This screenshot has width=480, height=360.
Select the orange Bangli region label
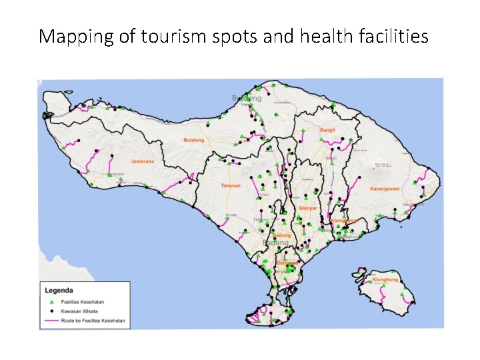[328, 130]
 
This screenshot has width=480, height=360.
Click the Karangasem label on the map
[385, 189]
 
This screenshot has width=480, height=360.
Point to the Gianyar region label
[308, 209]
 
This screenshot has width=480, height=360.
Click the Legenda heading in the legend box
[58, 290]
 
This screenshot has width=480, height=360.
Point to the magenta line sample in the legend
[52, 320]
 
